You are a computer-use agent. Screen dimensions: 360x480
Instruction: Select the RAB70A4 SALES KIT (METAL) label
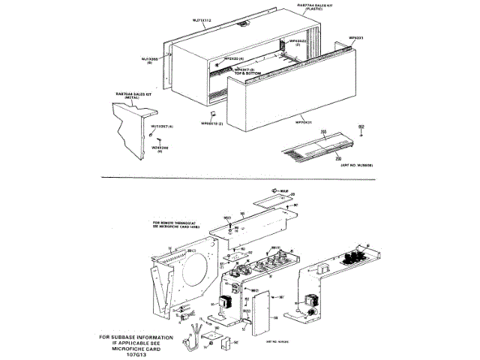(133, 95)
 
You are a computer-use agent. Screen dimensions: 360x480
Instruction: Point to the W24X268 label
(160, 148)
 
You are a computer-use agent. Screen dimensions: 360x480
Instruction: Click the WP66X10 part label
(211, 123)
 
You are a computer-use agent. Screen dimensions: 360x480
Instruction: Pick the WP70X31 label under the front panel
(303, 120)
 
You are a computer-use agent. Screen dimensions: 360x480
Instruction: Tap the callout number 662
(361, 126)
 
